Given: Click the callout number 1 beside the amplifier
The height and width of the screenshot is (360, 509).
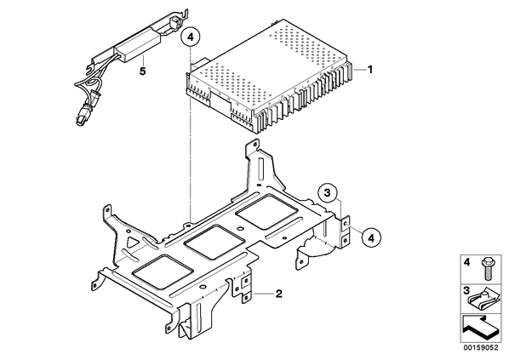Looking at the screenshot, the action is pos(369,70).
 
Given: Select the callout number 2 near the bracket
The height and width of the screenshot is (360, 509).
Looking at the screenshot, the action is pos(278,294).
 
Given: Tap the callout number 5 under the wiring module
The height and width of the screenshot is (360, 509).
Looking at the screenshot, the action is pos(142,71).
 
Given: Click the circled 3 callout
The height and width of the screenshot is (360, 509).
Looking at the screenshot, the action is pos(327,193).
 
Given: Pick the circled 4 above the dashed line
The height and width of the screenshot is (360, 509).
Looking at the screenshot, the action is pos(191,37).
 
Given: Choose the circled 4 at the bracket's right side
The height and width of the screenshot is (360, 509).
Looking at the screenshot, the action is pos(371,238).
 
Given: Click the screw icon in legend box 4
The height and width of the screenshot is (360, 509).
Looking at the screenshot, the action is pos(487,268).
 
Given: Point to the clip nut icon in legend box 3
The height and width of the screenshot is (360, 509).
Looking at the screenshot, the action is pos(483,301).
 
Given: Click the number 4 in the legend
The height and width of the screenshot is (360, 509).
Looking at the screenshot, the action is pos(466,262).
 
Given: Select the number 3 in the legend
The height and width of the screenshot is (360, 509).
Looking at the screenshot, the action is pos(466,290).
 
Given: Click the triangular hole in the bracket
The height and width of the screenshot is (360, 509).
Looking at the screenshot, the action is pos(133,242).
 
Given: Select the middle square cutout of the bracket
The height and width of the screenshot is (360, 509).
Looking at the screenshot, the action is pos(214,243).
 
